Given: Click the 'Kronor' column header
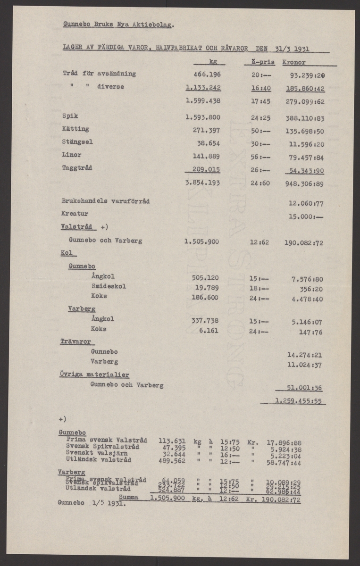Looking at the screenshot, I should (x=294, y=62).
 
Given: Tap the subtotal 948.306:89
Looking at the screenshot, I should (x=304, y=184).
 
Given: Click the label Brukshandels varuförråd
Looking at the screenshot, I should (x=106, y=200).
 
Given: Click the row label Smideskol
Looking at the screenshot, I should (x=109, y=286).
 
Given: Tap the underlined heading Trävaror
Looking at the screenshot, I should (x=75, y=341).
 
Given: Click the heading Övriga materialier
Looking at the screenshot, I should (x=94, y=375).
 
